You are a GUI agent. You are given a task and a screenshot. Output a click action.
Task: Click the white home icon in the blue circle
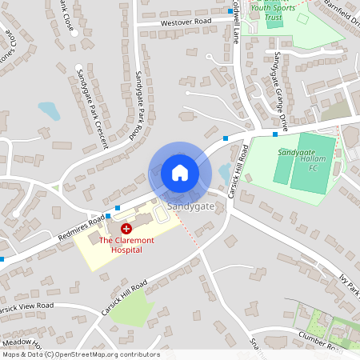tap(180, 172)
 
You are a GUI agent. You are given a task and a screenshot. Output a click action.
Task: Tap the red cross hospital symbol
tap(126, 229)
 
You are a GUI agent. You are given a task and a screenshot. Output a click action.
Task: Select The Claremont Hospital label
tap(121, 244)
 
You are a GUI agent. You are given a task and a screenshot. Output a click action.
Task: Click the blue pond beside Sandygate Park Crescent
tap(50, 110)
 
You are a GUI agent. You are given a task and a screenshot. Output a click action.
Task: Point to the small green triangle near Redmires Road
tap(55, 188)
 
